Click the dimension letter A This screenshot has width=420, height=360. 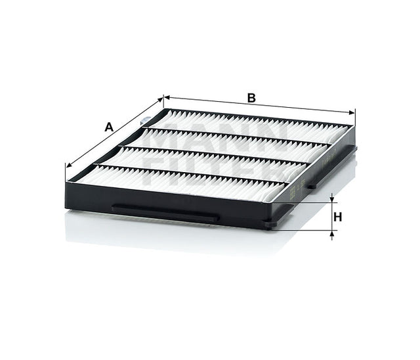coord(109,127)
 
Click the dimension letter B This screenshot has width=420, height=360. coord(251,98)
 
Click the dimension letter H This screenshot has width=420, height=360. coord(339,217)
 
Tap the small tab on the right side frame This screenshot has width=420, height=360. coord(311,186)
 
